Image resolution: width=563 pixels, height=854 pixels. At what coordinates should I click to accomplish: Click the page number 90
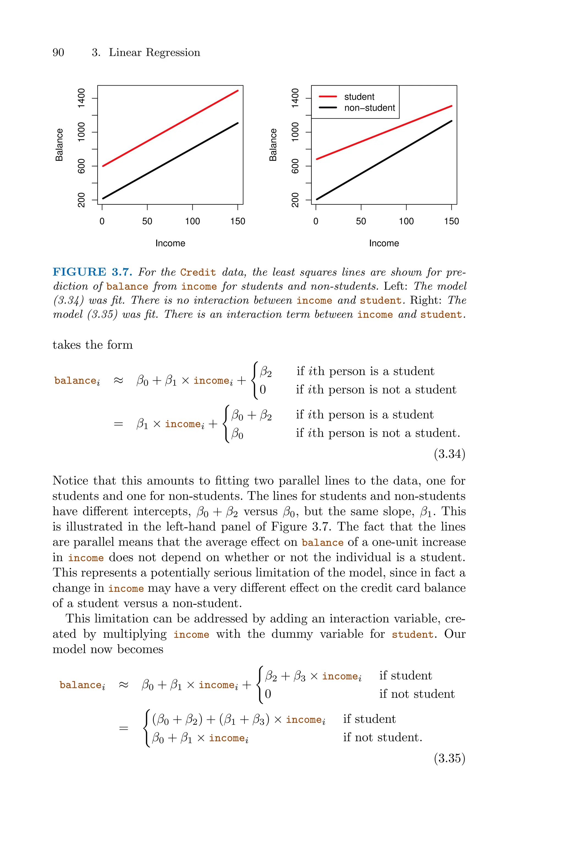pyautogui.click(x=58, y=53)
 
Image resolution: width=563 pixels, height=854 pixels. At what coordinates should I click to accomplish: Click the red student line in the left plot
pyautogui.click(x=170, y=128)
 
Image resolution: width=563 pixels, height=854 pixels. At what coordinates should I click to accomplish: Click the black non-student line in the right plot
pyautogui.click(x=383, y=160)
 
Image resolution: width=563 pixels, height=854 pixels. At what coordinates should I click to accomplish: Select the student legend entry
pyautogui.click(x=359, y=97)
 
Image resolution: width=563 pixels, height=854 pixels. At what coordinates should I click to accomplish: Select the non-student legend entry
pyautogui.click(x=369, y=108)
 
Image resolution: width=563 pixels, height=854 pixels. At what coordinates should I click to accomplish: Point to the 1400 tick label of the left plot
pyautogui.click(x=81, y=98)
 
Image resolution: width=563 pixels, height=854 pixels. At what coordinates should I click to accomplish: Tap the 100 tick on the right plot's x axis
pyautogui.click(x=406, y=221)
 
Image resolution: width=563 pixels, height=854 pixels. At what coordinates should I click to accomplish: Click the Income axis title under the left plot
pyautogui.click(x=170, y=243)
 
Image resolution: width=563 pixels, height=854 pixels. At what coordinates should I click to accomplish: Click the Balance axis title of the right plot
pyautogui.click(x=273, y=145)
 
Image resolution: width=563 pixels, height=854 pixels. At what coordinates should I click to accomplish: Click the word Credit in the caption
pyautogui.click(x=198, y=273)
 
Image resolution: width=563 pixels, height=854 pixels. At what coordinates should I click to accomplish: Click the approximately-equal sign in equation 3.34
pyautogui.click(x=118, y=380)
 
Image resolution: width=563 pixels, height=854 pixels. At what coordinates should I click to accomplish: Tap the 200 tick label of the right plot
pyautogui.click(x=295, y=200)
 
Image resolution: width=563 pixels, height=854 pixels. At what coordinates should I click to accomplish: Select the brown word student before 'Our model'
pyautogui.click(x=412, y=635)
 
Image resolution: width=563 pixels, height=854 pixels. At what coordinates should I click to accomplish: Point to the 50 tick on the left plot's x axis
pyautogui.click(x=147, y=221)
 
